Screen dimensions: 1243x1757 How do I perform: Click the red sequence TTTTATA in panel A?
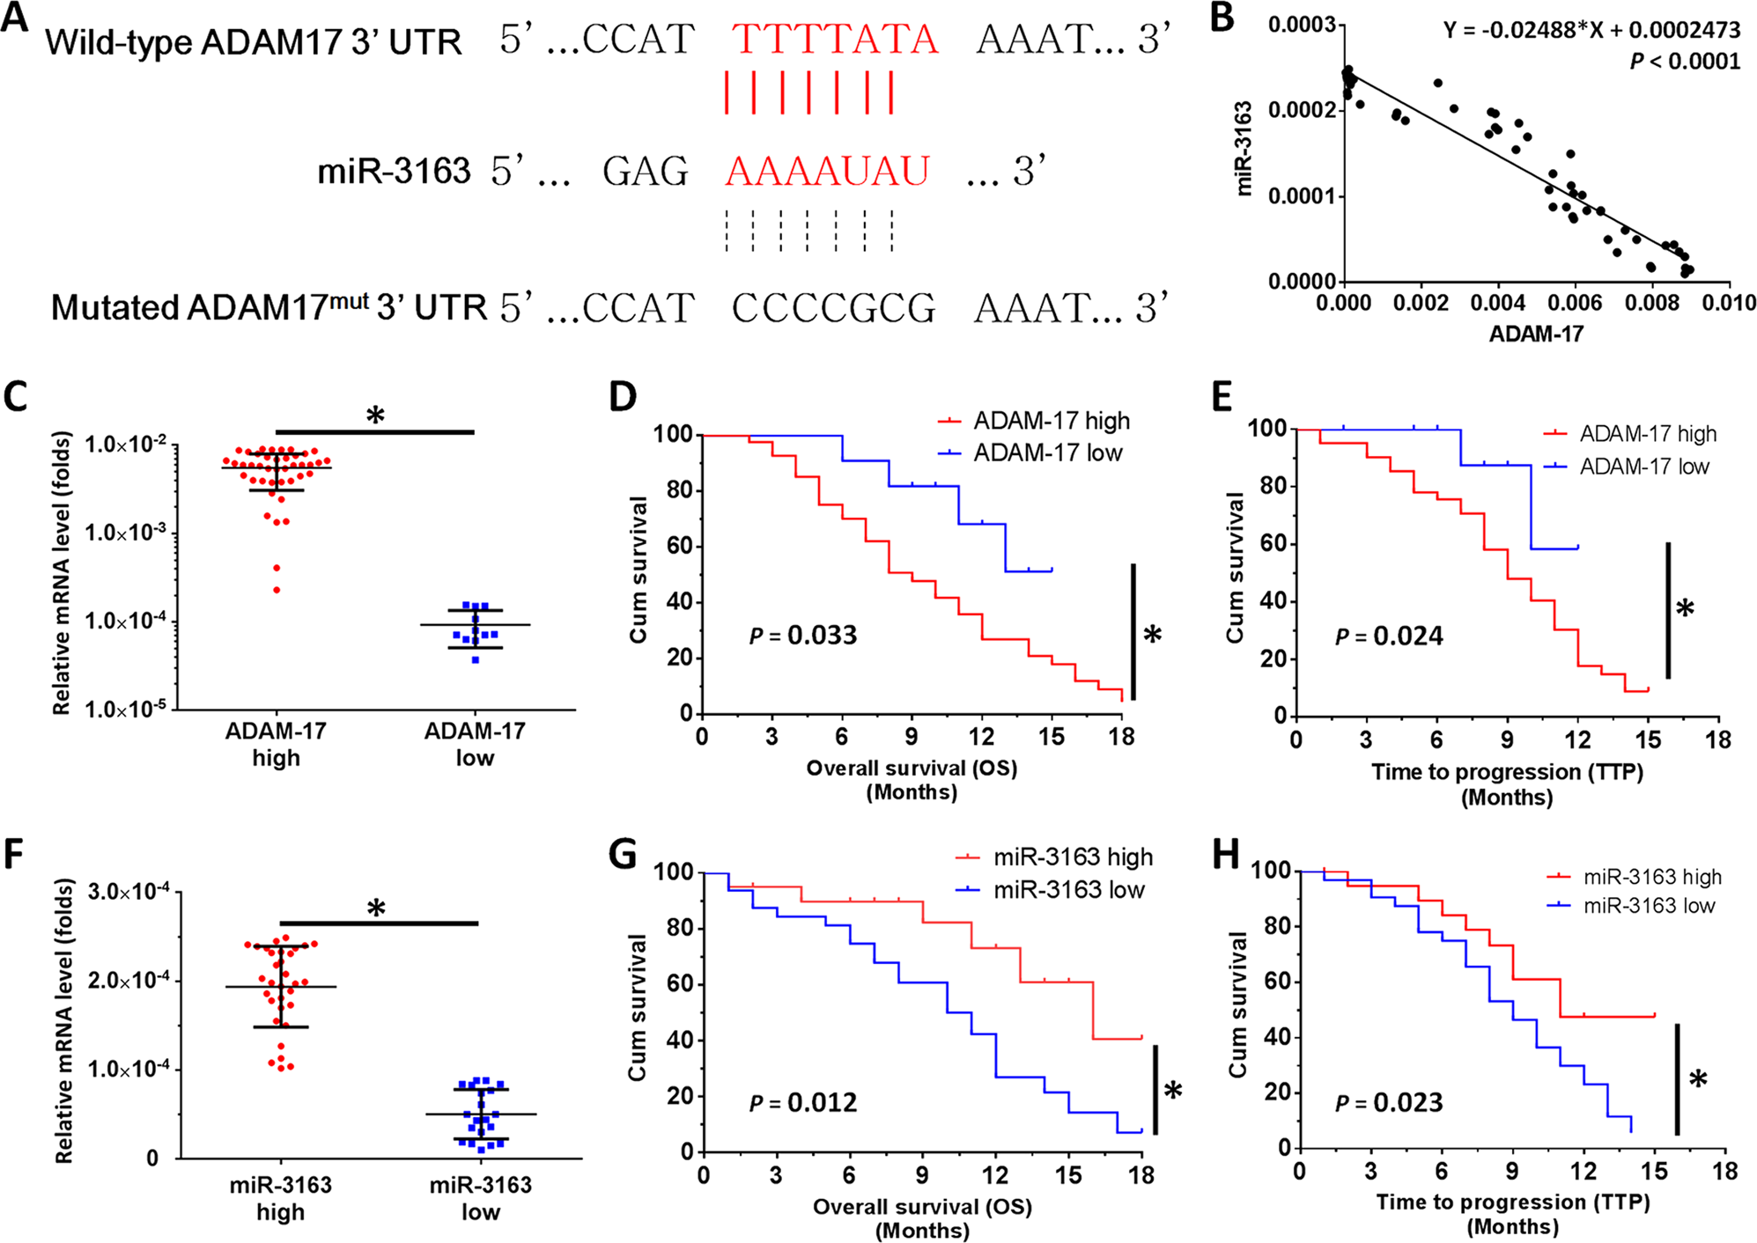834,40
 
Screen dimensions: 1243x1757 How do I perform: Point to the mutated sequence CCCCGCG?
833,308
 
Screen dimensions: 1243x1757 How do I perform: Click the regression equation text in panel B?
1591,31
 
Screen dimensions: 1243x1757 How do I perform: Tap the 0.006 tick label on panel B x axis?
1575,304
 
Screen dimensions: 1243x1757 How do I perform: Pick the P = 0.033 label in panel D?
802,635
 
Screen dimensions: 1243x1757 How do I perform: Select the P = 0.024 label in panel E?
1389,636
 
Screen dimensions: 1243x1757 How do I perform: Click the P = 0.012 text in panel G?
802,1102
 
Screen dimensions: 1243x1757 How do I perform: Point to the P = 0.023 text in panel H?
1389,1102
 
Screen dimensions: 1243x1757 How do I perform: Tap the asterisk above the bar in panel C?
375,416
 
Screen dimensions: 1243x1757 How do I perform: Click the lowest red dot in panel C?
277,590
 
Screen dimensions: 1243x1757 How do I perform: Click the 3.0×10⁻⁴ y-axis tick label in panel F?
129,892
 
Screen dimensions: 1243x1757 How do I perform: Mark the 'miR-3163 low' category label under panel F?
480,1198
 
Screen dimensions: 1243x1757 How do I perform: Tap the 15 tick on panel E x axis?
1647,740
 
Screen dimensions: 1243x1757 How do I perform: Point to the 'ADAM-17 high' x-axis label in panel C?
276,744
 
